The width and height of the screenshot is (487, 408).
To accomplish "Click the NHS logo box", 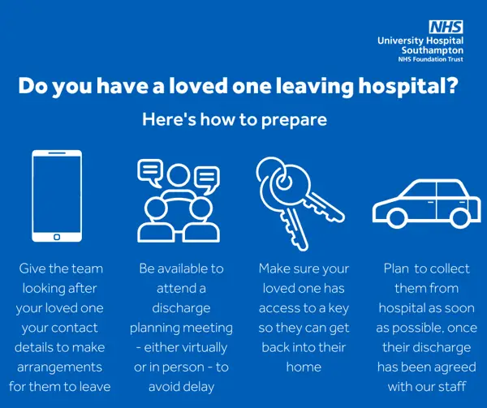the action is point(446,27).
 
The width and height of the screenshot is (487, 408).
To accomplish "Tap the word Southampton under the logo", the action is point(432,50).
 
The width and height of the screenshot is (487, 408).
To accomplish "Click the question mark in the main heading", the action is point(453,85).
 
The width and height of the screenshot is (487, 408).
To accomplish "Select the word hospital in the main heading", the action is point(402,86).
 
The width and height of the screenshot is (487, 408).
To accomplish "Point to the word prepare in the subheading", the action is point(294,120).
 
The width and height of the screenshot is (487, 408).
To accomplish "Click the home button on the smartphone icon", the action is point(57,237).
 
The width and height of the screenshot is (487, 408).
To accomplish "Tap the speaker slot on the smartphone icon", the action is point(57,153).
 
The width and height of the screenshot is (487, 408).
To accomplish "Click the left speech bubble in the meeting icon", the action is point(150,173).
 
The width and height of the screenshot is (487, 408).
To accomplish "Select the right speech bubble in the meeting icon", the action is point(207,179).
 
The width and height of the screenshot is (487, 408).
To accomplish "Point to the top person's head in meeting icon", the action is point(179,175).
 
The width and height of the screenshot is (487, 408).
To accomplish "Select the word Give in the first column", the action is point(30,268).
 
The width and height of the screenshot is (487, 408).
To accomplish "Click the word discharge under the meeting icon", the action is point(181,308).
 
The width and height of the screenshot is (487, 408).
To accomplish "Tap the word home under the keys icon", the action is point(304,367).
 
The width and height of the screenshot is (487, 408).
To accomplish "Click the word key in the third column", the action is point(338,308).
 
